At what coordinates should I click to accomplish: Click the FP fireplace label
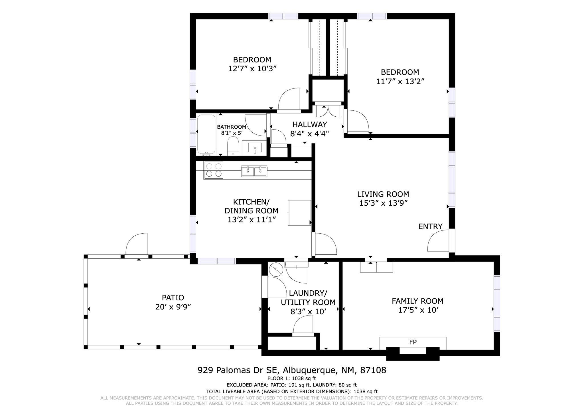(x=413, y=342)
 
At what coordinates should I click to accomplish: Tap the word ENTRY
(x=430, y=226)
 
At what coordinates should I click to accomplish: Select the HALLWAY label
(x=310, y=124)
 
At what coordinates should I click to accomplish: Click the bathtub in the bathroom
(x=206, y=135)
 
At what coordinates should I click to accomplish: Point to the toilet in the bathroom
(x=233, y=146)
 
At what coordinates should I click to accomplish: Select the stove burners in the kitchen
(x=213, y=170)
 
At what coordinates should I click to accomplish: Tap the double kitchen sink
(x=254, y=171)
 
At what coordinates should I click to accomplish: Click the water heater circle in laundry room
(x=276, y=270)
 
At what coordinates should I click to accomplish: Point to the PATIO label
(x=173, y=298)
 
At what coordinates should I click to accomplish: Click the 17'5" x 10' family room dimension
(x=418, y=310)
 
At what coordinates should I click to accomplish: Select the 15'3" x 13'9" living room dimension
(x=383, y=203)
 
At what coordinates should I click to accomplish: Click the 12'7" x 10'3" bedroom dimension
(x=253, y=69)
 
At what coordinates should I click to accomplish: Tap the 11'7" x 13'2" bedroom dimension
(x=400, y=82)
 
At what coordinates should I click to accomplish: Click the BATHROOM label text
(x=231, y=127)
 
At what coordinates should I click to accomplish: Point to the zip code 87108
(x=373, y=370)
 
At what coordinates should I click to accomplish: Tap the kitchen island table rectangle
(x=299, y=213)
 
